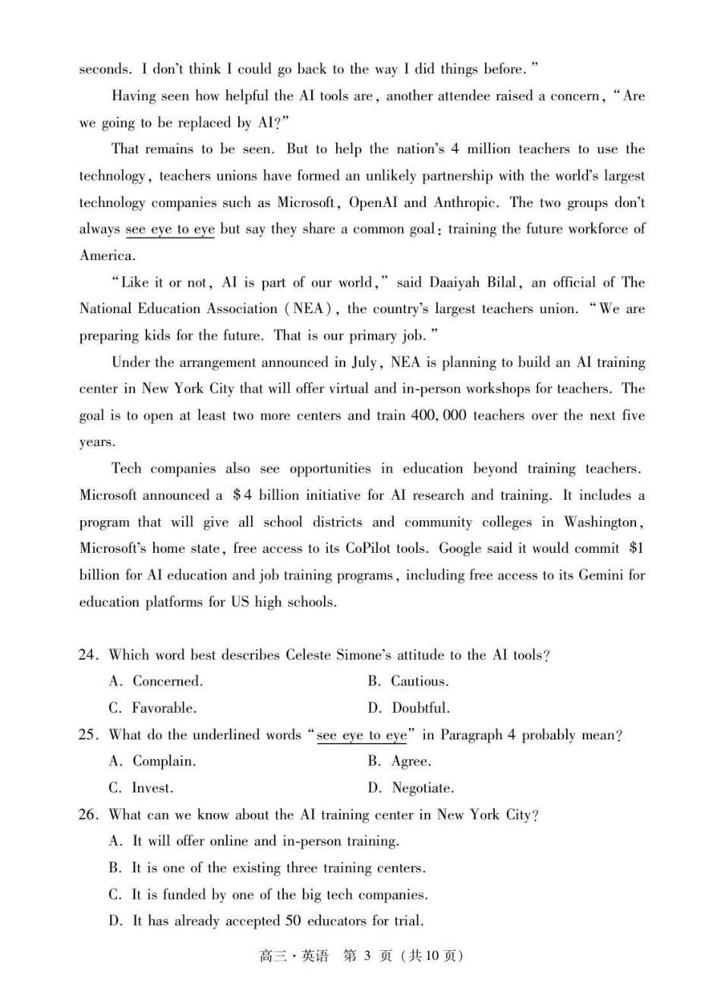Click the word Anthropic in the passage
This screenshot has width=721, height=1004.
pos(465,202)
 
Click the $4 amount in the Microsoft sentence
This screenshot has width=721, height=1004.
pos(242,495)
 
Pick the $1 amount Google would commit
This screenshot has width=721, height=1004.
pos(636,548)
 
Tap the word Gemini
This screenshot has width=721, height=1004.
pos(601,575)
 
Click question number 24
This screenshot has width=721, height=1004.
pos(88,655)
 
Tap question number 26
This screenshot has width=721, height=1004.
pos(88,815)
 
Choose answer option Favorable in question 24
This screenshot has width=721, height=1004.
pos(164,708)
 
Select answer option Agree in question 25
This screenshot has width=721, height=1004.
pos(411,761)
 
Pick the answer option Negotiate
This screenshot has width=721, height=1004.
pos(423,789)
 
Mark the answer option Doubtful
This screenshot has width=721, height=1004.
pos(420,708)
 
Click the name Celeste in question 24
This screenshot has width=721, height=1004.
pos(310,655)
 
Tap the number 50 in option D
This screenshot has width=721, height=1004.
pos(293,921)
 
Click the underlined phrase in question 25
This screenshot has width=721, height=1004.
pos(362,736)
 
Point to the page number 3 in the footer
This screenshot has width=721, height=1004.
pos(367,955)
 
